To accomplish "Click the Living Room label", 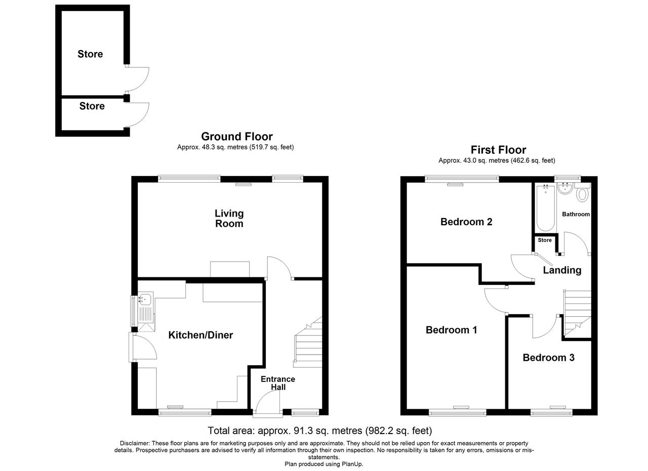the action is (x=229, y=219).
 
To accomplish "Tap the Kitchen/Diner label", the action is (x=200, y=335).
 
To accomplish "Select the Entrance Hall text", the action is (x=278, y=383).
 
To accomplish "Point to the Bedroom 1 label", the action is (x=451, y=330).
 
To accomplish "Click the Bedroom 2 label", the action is (x=466, y=222).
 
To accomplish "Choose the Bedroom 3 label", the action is (x=548, y=358).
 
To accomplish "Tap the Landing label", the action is (x=562, y=270).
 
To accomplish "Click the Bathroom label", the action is (x=576, y=214).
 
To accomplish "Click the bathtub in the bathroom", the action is (x=546, y=207).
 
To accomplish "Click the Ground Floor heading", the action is (x=237, y=137).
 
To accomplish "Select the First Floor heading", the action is (x=499, y=150).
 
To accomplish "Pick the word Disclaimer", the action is (x=135, y=443).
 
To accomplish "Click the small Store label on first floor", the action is (x=545, y=240).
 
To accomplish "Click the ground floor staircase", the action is (x=308, y=342).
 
